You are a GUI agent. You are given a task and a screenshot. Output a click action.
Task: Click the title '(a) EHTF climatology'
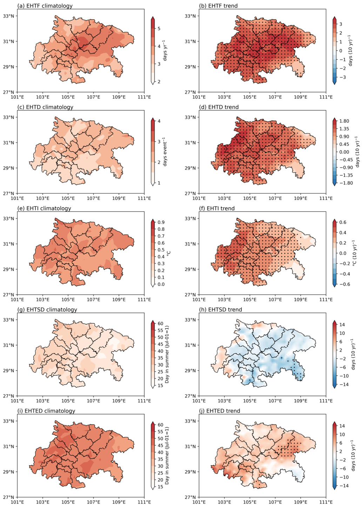click(45, 6)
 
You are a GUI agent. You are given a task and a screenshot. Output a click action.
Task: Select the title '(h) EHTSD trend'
click(220, 309)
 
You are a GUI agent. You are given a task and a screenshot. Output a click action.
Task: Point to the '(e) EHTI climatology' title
click(44, 208)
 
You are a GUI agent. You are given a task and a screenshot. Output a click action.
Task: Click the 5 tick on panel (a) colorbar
click(159, 28)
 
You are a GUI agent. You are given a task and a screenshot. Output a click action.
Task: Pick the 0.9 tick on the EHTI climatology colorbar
click(161, 222)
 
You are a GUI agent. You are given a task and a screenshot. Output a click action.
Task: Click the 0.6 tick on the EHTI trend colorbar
click(343, 222)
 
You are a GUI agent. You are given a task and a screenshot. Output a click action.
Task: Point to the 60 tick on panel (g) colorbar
click(160, 323)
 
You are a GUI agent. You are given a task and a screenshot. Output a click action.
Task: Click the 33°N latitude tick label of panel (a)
click(8, 16)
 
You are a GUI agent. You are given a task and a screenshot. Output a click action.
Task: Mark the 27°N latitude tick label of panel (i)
click(8, 497)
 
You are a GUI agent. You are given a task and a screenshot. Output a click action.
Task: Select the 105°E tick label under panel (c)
click(68, 198)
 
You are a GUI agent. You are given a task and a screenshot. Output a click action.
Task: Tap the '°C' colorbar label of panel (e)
click(168, 253)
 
